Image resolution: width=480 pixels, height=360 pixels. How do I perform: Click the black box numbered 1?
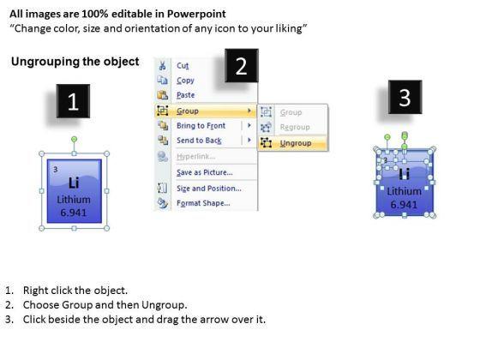[x=73, y=101]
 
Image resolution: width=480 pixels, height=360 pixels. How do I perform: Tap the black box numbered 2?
[x=242, y=65]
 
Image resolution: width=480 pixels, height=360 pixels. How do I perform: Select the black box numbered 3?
[x=405, y=97]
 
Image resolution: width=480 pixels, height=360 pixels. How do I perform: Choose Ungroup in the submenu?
[x=296, y=143]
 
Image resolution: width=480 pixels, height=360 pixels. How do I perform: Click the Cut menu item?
[x=183, y=65]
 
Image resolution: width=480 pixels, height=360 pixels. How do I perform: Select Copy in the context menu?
[x=185, y=81]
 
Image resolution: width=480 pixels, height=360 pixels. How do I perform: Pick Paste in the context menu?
[x=185, y=95]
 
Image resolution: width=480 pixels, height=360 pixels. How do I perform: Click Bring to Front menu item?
[x=201, y=125]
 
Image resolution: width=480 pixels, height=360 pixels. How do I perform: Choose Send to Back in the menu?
[x=199, y=141]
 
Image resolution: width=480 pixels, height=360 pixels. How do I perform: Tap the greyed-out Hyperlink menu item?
[x=196, y=156]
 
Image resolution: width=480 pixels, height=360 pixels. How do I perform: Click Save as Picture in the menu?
[x=205, y=172]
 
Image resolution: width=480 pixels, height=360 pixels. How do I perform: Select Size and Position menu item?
[x=209, y=189]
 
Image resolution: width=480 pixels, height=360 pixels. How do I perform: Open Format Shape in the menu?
[x=203, y=203]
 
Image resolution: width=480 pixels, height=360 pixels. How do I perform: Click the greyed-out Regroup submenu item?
[x=295, y=127]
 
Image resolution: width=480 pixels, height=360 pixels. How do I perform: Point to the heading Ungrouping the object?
[x=75, y=62]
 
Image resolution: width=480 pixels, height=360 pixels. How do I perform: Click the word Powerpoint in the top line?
[x=196, y=14]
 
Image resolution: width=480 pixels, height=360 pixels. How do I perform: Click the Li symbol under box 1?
[x=74, y=183]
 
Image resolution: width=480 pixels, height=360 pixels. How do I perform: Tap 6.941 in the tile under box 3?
[x=404, y=205]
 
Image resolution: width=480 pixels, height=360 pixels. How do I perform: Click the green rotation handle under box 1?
[x=74, y=139]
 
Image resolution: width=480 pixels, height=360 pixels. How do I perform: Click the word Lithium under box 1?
[x=74, y=200]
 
